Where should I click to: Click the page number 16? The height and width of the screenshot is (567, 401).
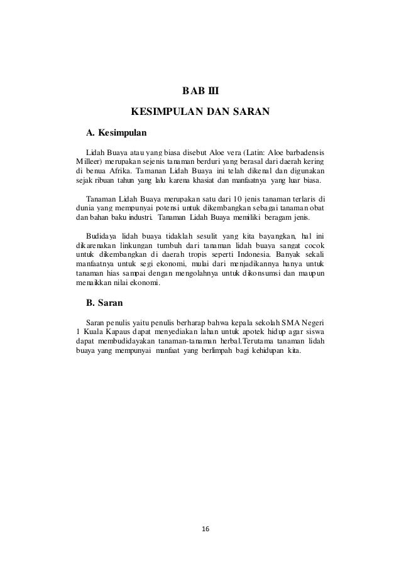200,529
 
